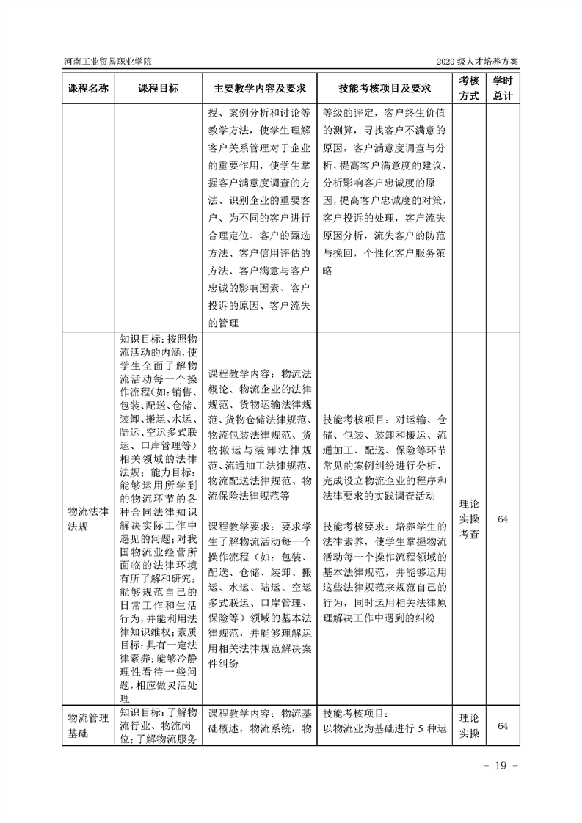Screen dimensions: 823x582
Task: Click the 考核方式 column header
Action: pyautogui.click(x=469, y=88)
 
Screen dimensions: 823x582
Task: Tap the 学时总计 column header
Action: pyautogui.click(x=503, y=88)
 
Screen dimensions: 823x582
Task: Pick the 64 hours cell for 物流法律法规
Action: pyautogui.click(x=503, y=519)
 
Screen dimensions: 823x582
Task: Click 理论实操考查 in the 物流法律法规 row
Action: pyautogui.click(x=469, y=519)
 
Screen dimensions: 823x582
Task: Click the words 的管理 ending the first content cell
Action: pyautogui.click(x=224, y=322)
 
